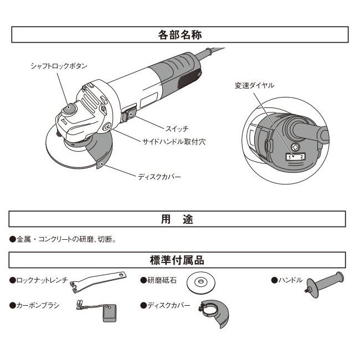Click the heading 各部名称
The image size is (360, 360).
click(x=180, y=34)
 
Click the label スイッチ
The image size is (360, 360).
click(x=161, y=128)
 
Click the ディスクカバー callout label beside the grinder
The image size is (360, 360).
click(x=159, y=177)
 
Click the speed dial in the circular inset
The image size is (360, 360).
click(x=295, y=147)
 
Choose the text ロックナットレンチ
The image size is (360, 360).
click(x=42, y=281)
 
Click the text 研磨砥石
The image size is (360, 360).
click(x=161, y=281)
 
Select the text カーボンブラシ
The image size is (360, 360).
click(x=35, y=305)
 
